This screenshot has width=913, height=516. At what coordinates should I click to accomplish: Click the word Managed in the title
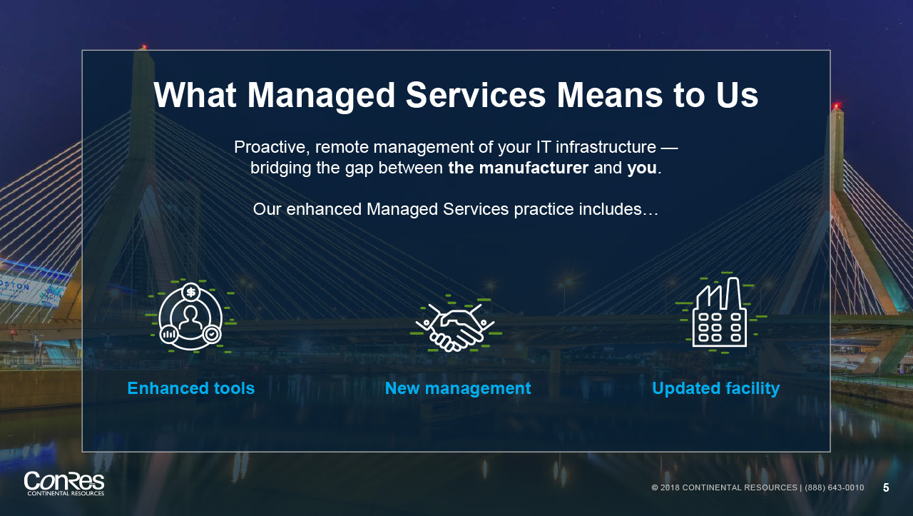coord(321,96)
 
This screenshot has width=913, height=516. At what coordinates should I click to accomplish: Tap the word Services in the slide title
coord(476,95)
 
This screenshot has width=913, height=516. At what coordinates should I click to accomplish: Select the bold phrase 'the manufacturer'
coord(518,168)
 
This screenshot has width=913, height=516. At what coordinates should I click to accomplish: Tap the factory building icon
coord(720,313)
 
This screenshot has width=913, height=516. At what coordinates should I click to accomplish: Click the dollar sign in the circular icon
coord(190,292)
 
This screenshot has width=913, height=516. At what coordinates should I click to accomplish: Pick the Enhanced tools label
coord(190,388)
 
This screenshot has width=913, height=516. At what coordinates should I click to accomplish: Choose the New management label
coord(458,388)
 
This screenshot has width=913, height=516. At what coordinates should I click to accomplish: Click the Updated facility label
coord(715,388)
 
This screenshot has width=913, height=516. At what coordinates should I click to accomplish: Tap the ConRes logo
coord(64,484)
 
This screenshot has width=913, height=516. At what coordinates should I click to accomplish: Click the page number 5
coord(886,488)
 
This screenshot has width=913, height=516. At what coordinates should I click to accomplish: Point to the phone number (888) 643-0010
coord(835,487)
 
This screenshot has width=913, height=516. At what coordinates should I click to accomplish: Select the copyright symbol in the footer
coord(655,487)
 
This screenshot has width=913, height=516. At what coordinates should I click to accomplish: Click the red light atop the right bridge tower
coord(837,106)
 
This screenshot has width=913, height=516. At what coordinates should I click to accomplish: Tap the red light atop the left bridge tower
coord(143,47)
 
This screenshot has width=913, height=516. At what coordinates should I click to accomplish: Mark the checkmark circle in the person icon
coord(212,335)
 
